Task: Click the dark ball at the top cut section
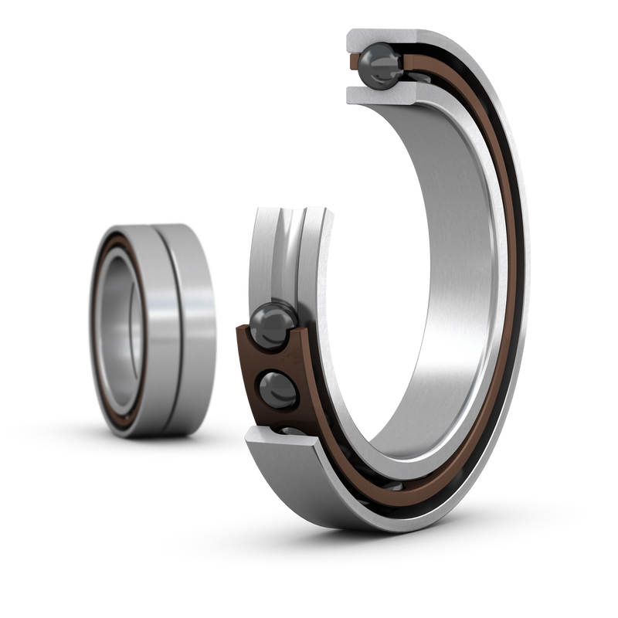pyautogui.click(x=381, y=66)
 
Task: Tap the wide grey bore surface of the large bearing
pyautogui.click(x=448, y=255)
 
